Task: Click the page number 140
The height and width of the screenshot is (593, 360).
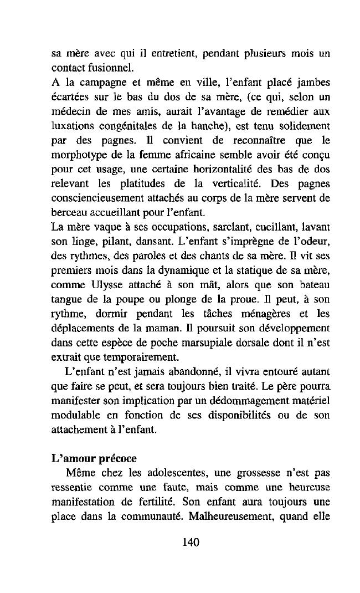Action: pos(190,543)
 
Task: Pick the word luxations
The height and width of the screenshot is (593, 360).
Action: pos(71,126)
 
